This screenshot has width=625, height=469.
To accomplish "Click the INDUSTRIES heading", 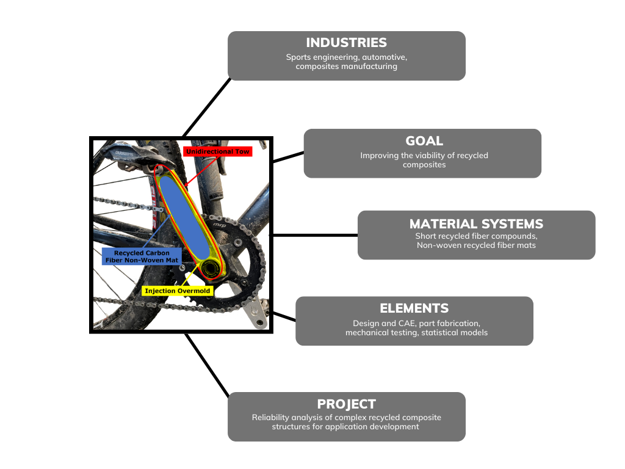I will click(x=346, y=43).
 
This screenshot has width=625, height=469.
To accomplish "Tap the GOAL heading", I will click(x=424, y=141).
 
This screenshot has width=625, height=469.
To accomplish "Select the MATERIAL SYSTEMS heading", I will click(x=476, y=224).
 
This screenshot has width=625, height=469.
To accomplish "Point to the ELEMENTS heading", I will click(x=414, y=308).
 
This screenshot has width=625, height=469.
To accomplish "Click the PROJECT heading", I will click(x=346, y=404).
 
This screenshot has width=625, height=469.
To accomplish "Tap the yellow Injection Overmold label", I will click(x=178, y=291).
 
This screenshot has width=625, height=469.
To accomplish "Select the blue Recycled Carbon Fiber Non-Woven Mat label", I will click(x=141, y=256).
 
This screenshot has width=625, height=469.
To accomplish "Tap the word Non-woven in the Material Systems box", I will click(x=440, y=245).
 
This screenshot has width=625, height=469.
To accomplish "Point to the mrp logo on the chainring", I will click(x=218, y=227).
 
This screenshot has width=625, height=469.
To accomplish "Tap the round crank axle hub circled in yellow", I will click(x=211, y=269).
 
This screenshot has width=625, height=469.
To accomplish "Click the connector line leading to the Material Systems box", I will click(x=314, y=235).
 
